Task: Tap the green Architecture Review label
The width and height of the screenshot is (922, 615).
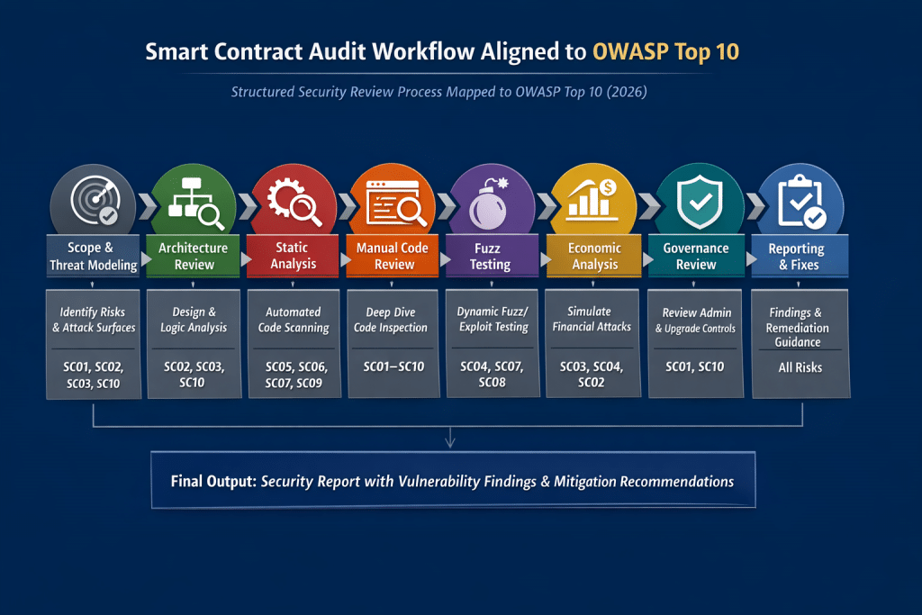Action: pyautogui.click(x=194, y=256)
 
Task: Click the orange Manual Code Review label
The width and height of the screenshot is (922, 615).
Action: pyautogui.click(x=393, y=256)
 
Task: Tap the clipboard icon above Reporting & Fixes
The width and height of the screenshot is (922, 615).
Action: pyautogui.click(x=798, y=203)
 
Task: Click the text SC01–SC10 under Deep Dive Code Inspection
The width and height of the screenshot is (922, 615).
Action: pyautogui.click(x=393, y=366)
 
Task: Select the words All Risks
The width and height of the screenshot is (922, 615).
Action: pyautogui.click(x=797, y=367)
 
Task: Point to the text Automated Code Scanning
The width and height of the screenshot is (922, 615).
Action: pyautogui.click(x=294, y=320)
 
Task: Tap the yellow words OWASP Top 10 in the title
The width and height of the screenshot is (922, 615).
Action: pyautogui.click(x=666, y=51)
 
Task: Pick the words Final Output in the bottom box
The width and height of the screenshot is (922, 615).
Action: pyautogui.click(x=212, y=481)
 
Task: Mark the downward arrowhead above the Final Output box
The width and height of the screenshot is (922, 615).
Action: pyautogui.click(x=450, y=441)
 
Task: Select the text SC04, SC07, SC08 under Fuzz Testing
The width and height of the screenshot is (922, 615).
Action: pyautogui.click(x=493, y=374)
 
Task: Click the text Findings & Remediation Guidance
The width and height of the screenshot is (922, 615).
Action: pyautogui.click(x=797, y=327)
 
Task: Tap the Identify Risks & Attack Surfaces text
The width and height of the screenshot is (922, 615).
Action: pyautogui.click(x=94, y=320)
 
